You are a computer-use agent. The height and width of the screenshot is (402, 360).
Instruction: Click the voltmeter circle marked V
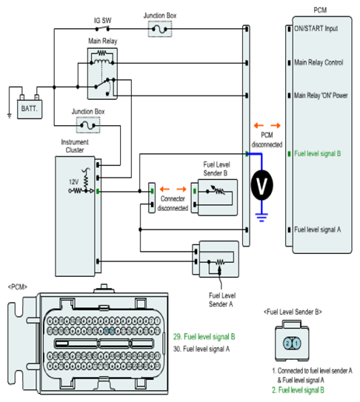pos(261,185)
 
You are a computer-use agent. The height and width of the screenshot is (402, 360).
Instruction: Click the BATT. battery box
pos(30,110)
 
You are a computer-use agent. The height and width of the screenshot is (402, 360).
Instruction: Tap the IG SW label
pos(103,21)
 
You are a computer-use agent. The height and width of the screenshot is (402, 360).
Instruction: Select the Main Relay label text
pos(103,41)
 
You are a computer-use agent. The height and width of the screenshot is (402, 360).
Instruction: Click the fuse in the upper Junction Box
pos(160,29)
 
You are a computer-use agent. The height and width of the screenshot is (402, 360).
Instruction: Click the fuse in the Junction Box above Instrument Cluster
pos(88,125)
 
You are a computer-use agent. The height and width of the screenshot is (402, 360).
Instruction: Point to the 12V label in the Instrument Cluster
pos(73,182)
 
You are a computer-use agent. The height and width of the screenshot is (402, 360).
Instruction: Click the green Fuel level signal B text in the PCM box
pos(317,153)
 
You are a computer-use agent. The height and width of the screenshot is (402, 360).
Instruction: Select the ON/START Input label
pos(316,28)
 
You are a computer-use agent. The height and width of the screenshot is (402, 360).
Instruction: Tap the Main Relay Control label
pos(319,62)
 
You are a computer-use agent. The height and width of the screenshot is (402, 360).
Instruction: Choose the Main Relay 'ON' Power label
pos(321,96)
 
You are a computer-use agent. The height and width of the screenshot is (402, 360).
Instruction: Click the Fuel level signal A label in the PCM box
pos(317,230)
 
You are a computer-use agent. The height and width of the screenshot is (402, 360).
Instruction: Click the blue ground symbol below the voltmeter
pos(261,218)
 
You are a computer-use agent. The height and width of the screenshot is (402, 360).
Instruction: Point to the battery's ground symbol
pos(10,116)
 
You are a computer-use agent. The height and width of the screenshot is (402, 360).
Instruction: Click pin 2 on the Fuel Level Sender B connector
pos(287,344)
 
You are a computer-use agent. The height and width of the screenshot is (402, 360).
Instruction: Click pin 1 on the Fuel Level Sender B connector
pos(296,344)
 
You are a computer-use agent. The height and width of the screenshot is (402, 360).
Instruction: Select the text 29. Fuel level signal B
pos(204,337)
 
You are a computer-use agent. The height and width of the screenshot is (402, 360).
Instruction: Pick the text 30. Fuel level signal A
pos(201,349)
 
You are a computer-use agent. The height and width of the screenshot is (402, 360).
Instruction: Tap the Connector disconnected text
pos(173,204)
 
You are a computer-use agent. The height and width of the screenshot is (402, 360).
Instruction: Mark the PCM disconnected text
pos(267,140)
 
